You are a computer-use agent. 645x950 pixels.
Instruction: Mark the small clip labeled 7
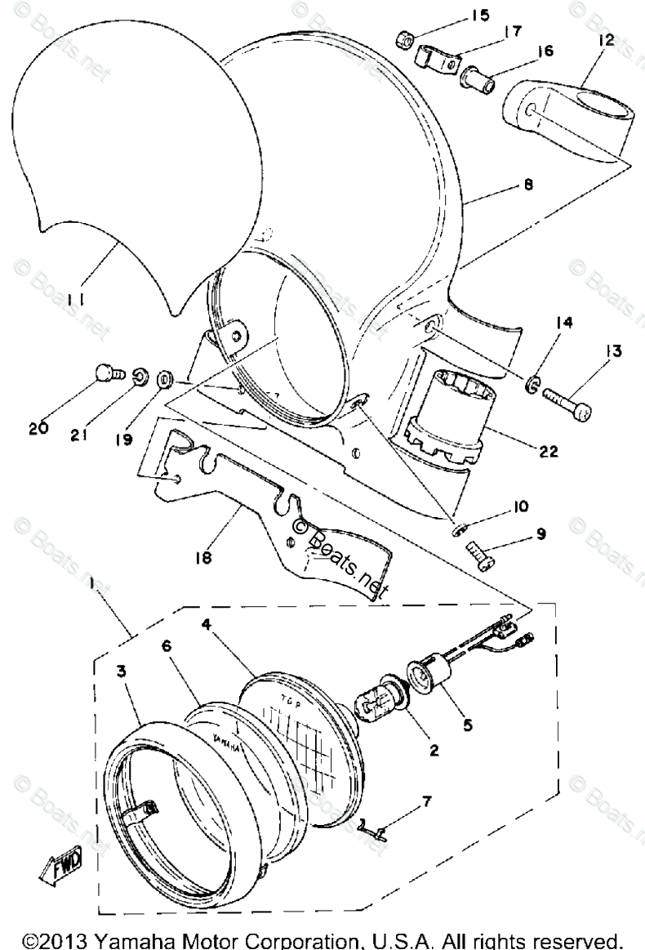coord(372,827)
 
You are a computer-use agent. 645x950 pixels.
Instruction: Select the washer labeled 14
coord(532,381)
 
